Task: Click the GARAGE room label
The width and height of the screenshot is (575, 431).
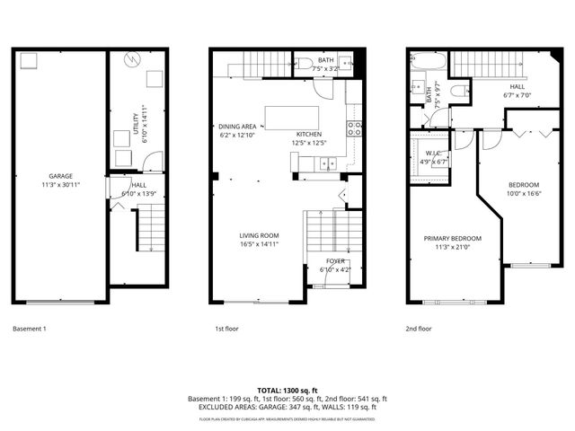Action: pos(60,176)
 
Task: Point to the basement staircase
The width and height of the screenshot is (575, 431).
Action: pos(151,228)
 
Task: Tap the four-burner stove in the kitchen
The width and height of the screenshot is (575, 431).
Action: pos(354,128)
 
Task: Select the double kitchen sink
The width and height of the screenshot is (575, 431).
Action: pos(325,163)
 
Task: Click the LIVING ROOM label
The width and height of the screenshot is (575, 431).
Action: pos(258,235)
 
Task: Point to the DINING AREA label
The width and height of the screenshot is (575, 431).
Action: pos(237,127)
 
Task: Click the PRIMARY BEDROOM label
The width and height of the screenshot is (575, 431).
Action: pos(453,239)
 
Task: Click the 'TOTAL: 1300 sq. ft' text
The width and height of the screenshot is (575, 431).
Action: pos(287,390)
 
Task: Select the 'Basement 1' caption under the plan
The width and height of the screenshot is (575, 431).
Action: pos(29,329)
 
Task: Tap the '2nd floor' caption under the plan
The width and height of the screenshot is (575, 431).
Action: pos(418,329)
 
